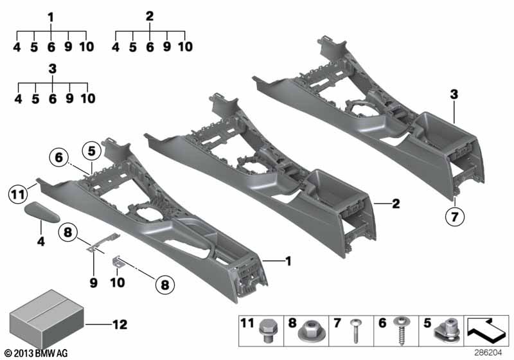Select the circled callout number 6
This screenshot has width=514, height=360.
click(59, 157)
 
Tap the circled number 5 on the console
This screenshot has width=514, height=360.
click(91, 152)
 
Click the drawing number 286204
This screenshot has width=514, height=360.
click(488, 353)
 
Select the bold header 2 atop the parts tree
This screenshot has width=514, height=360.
click(150, 17)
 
